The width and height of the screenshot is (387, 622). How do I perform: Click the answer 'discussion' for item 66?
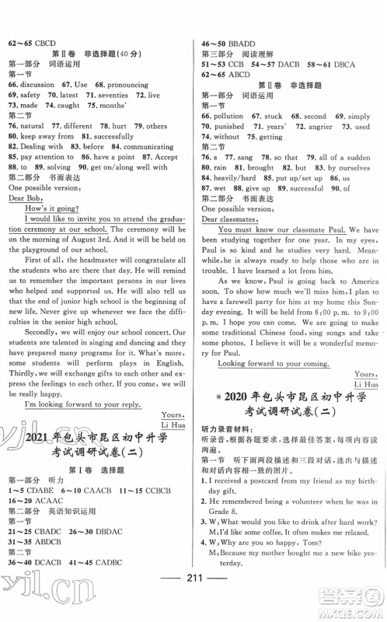[38, 82]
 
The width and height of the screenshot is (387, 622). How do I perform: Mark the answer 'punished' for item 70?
[230, 125]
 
